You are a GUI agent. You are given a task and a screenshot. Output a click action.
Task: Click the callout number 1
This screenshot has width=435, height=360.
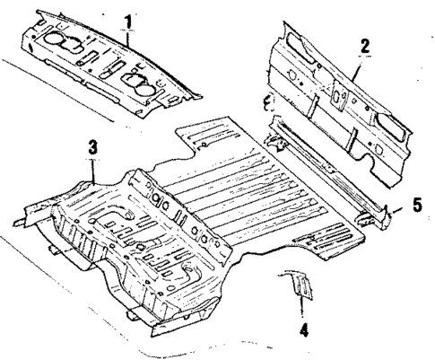[130, 17]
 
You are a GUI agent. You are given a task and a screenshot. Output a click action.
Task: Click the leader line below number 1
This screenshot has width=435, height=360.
[130, 33]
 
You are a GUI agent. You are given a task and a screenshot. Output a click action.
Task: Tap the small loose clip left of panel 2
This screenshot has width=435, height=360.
[268, 99]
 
